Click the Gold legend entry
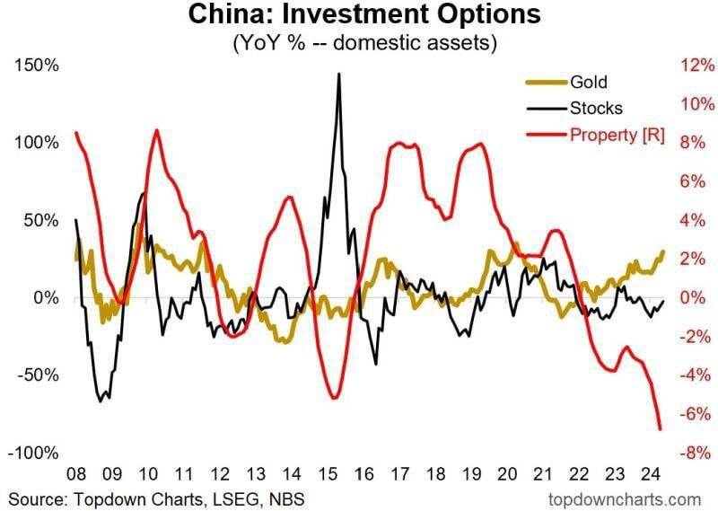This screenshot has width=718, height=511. (588, 83)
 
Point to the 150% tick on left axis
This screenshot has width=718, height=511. (36, 66)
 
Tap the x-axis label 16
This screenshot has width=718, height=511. (363, 473)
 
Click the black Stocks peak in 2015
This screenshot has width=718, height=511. (338, 75)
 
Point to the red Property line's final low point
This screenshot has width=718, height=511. (660, 428)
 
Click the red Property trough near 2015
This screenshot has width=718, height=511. (333, 397)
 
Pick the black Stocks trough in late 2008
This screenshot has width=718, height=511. (101, 400)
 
